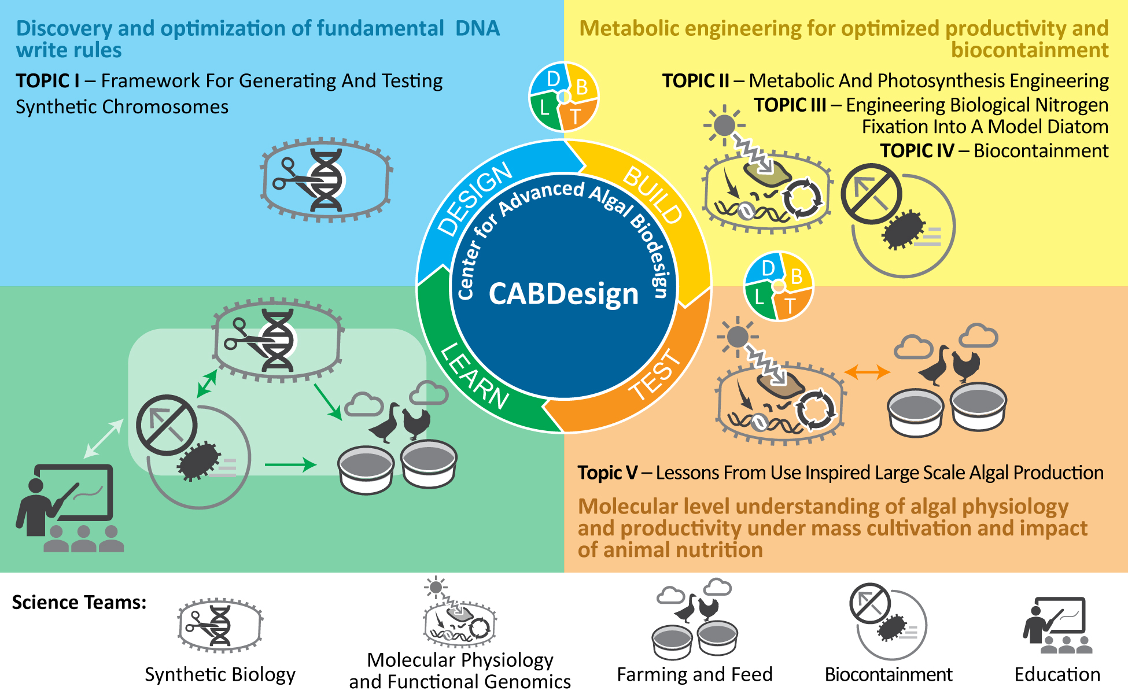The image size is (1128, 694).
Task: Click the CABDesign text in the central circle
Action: [563, 294]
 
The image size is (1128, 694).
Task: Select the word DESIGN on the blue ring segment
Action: [474, 199]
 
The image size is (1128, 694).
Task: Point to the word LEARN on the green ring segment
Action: [474, 376]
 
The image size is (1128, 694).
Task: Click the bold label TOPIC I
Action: [47, 81]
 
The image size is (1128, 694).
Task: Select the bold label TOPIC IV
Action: [916, 151]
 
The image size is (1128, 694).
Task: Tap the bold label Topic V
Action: [607, 473]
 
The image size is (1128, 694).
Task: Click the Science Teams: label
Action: [79, 603]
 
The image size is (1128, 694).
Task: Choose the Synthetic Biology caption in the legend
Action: [220, 675]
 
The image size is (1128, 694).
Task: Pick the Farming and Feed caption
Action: [694, 675]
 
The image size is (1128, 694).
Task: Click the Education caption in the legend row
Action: [1057, 675]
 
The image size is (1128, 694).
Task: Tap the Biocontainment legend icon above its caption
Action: [888, 622]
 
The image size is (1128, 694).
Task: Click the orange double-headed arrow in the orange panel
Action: [867, 372]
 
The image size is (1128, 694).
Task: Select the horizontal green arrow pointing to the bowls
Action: [290, 464]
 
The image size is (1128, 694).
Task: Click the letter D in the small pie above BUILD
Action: [553, 79]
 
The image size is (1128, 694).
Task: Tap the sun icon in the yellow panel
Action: [724, 124]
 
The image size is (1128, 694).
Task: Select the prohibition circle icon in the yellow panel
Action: [871, 194]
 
